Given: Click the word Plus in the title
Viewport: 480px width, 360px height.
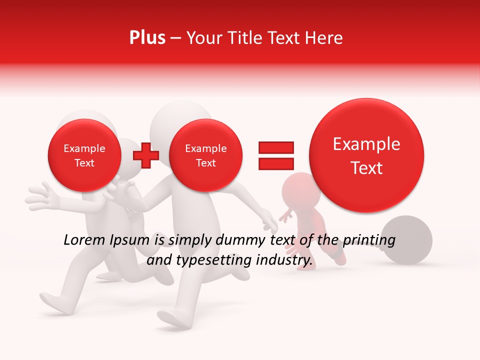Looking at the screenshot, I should [x=147, y=37].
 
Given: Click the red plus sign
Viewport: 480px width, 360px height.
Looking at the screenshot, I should [x=145, y=155].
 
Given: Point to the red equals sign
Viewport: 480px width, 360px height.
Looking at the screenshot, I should [x=275, y=155].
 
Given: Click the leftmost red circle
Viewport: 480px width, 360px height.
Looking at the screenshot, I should [x=84, y=155].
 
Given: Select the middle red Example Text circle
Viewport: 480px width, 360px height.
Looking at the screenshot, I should [x=205, y=155].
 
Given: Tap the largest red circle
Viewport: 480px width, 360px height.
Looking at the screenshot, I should [x=366, y=155].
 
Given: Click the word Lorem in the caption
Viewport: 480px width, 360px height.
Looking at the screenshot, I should [x=82, y=240].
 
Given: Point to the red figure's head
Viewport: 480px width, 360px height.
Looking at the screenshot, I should [x=298, y=188].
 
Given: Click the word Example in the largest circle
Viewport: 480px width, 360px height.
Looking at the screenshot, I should [x=366, y=144].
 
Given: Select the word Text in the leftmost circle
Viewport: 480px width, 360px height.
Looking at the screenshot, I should [x=84, y=163].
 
